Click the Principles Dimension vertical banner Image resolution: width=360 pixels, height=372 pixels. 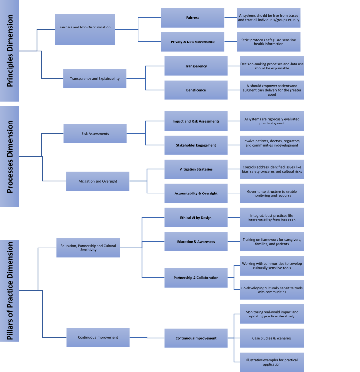pyautogui.click(x=9, y=51)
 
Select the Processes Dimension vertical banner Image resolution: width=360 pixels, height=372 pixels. pyautogui.click(x=9, y=156)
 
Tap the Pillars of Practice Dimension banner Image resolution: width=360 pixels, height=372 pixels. pyautogui.click(x=9, y=290)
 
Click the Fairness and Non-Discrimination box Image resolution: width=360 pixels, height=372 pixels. pyautogui.click(x=84, y=27)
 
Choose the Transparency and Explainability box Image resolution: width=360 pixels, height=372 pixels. pyautogui.click(x=95, y=78)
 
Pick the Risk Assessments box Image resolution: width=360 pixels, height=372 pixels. pyautogui.click(x=95, y=133)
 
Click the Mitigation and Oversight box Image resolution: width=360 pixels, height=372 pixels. pyautogui.click(x=97, y=181)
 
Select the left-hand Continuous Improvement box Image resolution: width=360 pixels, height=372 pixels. pyautogui.click(x=97, y=337)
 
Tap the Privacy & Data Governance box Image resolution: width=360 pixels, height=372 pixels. pyautogui.click(x=192, y=41)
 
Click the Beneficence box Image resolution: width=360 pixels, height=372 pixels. pyautogui.click(x=195, y=90)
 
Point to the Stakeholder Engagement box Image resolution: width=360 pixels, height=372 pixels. pyautogui.click(x=195, y=145)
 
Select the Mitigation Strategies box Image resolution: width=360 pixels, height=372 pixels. pyautogui.click(x=195, y=169)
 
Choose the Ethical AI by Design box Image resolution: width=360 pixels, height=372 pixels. pyautogui.click(x=195, y=218)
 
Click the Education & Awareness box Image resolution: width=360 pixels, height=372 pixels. pyautogui.click(x=195, y=241)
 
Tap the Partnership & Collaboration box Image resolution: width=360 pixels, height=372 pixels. pyautogui.click(x=195, y=277)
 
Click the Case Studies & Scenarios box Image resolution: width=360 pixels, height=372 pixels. pyautogui.click(x=272, y=338)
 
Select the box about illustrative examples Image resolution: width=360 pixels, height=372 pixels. pyautogui.click(x=272, y=362)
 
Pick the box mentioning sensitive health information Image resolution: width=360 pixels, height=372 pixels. pyautogui.click(x=268, y=41)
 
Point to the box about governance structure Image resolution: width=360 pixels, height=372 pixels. pyautogui.click(x=272, y=193)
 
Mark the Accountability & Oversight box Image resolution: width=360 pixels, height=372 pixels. pyautogui.click(x=195, y=193)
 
